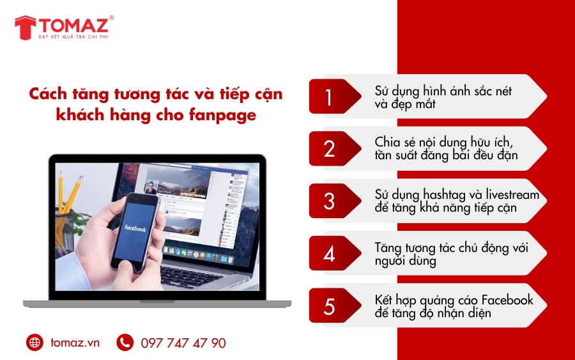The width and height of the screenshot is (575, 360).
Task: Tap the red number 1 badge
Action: pyautogui.click(x=330, y=97)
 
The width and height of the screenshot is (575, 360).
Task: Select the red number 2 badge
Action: pyautogui.click(x=330, y=148)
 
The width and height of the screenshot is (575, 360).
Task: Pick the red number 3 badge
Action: pyautogui.click(x=330, y=201)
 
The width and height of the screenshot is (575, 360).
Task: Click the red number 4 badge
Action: pyautogui.click(x=330, y=254)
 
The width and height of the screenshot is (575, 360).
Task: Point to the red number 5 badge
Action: pyautogui.click(x=330, y=306)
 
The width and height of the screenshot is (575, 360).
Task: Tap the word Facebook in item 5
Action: pyautogui.click(x=507, y=300)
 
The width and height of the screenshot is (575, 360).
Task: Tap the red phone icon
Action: pyautogui.click(x=125, y=343)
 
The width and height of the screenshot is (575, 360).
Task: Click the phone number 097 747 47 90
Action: pyautogui.click(x=183, y=343)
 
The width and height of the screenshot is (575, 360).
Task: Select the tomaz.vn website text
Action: pyautogui.click(x=75, y=343)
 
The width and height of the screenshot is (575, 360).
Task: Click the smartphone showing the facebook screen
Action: pyautogui.click(x=136, y=230)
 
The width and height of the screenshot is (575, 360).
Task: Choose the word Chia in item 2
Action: pyautogui.click(x=387, y=142)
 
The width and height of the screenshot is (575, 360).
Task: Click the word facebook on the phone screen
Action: pyautogui.click(x=135, y=228)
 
